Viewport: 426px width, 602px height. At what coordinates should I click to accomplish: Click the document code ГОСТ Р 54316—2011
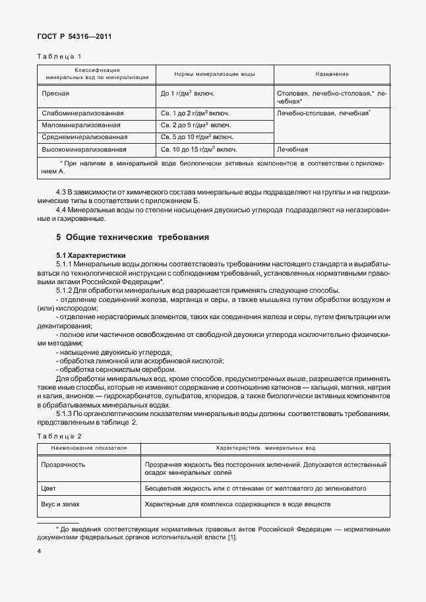73,37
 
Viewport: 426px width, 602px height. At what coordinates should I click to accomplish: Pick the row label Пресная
55,94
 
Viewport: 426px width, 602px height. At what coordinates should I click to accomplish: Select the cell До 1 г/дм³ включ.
187,94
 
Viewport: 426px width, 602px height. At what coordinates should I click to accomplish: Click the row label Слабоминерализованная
82,113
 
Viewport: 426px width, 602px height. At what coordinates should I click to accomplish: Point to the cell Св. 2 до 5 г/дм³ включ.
195,125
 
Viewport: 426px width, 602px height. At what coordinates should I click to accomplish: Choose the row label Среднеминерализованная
84,137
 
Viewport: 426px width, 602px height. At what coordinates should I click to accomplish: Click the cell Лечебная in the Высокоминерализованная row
293,150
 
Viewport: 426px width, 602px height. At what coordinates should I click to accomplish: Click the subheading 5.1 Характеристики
91,255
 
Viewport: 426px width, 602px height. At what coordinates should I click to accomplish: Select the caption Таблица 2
58,436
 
